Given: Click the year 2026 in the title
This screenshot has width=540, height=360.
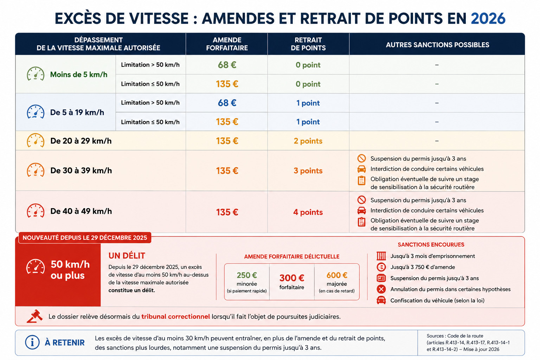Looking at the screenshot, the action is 488,19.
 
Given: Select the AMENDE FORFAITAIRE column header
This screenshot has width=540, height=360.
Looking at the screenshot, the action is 227,44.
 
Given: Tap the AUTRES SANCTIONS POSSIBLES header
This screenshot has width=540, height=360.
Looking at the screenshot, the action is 437,45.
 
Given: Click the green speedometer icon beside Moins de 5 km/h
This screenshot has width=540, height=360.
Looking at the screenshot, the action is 36,74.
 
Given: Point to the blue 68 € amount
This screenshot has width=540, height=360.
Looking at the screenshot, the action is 227,103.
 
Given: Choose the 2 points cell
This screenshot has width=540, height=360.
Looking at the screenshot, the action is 308,141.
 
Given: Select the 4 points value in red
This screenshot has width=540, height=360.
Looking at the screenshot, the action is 308,212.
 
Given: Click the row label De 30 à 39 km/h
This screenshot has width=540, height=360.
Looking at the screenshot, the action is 81,171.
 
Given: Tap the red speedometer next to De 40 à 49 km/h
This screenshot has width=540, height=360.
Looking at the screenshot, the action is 36,211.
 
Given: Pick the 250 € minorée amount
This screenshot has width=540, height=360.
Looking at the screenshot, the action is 246,275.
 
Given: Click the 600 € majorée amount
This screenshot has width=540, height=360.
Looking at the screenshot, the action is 337,275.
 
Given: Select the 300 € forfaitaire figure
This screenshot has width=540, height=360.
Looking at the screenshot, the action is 292,278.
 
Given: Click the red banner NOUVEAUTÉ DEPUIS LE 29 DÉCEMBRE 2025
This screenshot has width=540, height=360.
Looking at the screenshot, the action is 85,238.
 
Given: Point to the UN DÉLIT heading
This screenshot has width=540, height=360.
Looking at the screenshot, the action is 127,256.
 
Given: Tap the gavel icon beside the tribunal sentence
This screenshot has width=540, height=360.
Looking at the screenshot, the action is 34,316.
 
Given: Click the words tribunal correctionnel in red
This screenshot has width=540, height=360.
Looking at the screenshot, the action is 175,317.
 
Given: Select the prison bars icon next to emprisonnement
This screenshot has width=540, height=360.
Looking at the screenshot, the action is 381,256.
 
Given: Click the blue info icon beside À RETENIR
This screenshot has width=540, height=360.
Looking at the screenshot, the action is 32,342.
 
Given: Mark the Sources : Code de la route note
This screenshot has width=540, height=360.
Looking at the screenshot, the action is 468,342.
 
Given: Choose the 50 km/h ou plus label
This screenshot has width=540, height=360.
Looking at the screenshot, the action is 70,270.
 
